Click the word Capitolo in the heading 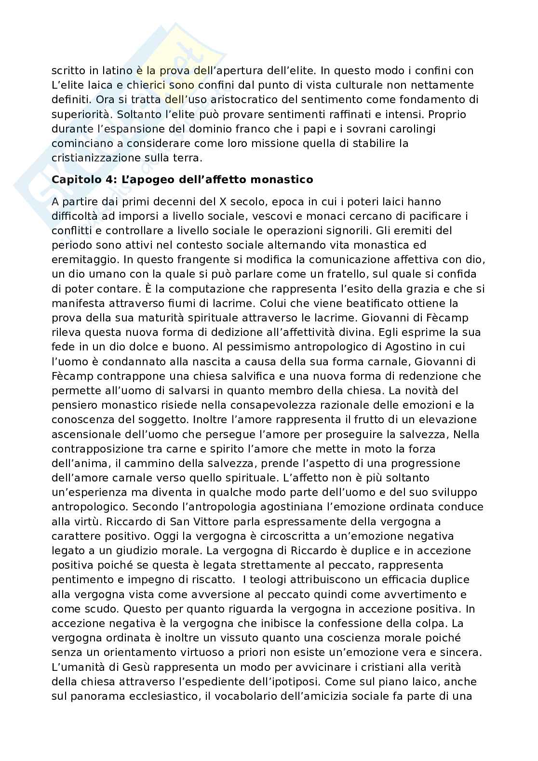[x=74, y=180]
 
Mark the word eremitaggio [x=85, y=260]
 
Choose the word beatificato [x=370, y=304]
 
